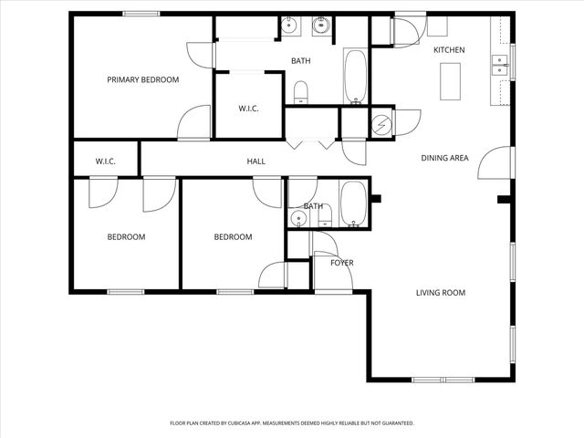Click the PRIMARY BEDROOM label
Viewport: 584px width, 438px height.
[142, 80]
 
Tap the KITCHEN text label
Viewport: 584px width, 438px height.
[449, 49]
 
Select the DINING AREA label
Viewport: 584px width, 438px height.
[444, 158]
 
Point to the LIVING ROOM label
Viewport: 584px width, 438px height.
[441, 293]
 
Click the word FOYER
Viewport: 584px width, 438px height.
[341, 263]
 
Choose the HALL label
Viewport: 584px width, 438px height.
[255, 162]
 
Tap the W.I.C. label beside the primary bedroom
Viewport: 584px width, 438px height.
[248, 109]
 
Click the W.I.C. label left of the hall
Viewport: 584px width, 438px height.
[105, 162]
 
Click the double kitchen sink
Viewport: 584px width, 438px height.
[500, 64]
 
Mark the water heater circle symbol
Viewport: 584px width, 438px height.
[382, 123]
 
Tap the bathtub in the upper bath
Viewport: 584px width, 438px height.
[355, 77]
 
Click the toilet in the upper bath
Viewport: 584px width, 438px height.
[301, 91]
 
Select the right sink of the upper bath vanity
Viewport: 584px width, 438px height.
[321, 26]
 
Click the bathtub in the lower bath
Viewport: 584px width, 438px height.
[353, 204]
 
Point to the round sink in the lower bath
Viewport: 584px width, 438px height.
[297, 220]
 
